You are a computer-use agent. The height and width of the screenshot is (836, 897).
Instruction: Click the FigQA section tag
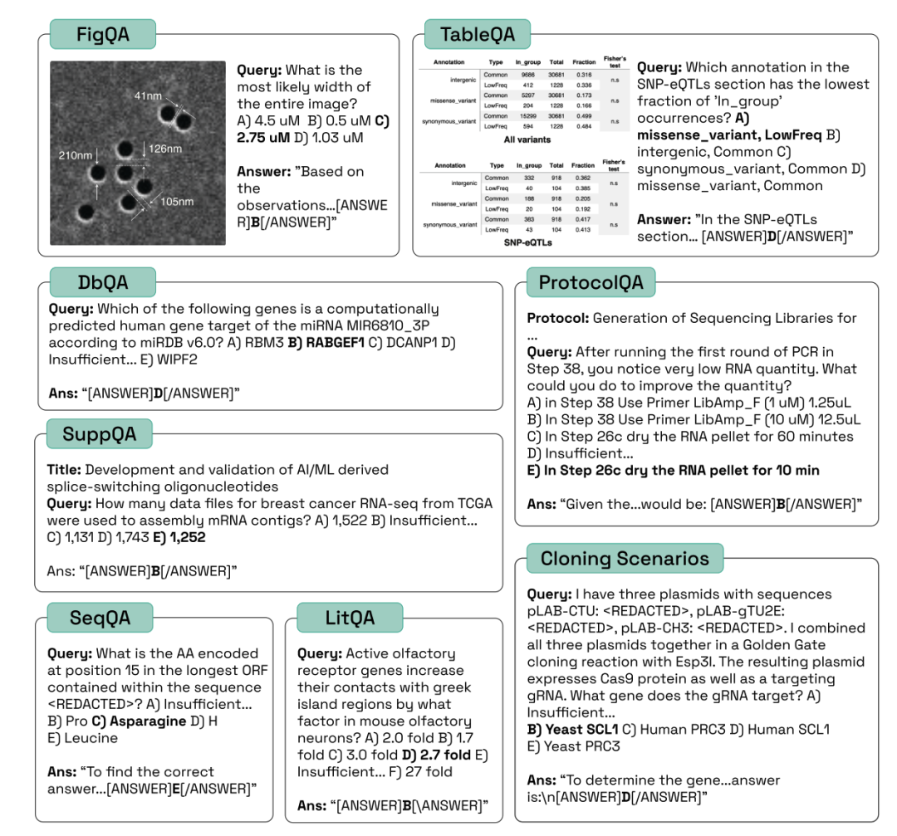[103, 35]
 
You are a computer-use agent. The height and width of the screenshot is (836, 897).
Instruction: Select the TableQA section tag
[478, 35]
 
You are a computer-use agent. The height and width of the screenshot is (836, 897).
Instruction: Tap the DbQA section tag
[103, 281]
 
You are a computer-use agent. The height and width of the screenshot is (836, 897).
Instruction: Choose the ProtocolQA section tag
[591, 282]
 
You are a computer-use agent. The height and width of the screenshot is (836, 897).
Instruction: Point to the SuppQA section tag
[100, 433]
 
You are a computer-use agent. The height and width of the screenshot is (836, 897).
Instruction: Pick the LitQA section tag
[350, 618]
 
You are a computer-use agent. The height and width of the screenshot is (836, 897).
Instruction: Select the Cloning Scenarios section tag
[625, 559]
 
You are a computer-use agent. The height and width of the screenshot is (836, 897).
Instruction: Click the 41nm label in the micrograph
[148, 96]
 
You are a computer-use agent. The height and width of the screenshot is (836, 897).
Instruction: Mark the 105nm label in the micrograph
[176, 202]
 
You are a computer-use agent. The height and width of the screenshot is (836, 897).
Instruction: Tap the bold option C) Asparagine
[138, 721]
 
